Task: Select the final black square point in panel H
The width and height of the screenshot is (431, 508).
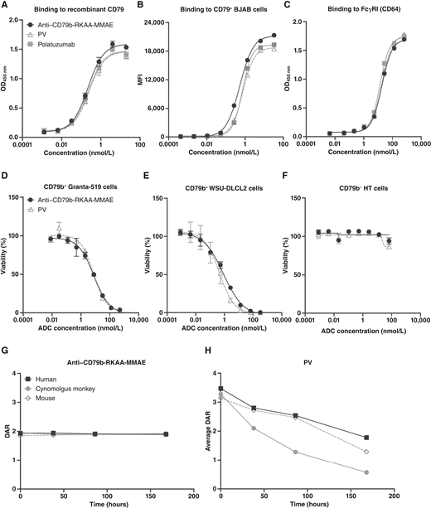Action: point(366,438)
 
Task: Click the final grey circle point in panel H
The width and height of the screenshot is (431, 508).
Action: point(366,472)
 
